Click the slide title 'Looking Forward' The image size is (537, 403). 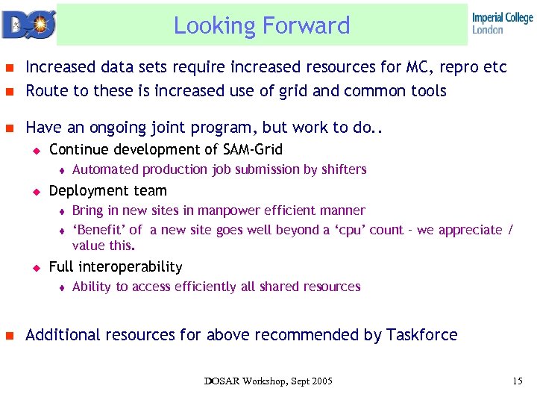[x=262, y=25]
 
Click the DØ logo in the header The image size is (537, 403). [x=27, y=24]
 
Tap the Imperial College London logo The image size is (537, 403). [x=502, y=23]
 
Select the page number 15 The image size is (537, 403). [x=518, y=381]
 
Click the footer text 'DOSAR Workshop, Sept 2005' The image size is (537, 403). [x=268, y=381]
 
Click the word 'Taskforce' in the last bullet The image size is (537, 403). [x=421, y=335]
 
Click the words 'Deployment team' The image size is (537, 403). [x=108, y=190]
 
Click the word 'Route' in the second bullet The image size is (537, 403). [x=45, y=91]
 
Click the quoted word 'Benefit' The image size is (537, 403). [x=99, y=230]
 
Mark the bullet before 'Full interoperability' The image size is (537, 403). [x=34, y=267]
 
